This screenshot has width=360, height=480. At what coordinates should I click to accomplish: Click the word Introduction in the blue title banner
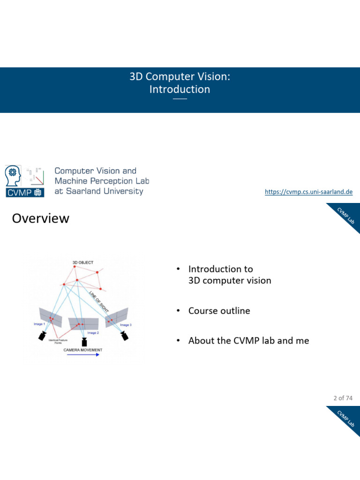pyautogui.click(x=180, y=89)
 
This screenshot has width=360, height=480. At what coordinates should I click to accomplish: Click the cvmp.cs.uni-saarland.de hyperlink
pyautogui.click(x=308, y=192)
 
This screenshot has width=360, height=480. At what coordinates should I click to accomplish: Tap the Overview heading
pyautogui.click(x=40, y=218)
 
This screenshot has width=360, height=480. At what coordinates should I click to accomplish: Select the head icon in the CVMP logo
pyautogui.click(x=13, y=176)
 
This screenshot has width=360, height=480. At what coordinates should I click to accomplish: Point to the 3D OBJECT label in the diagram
pyautogui.click(x=83, y=262)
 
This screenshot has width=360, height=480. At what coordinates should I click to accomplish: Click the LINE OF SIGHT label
pyautogui.click(x=99, y=300)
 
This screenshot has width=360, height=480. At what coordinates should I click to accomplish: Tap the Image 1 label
pyautogui.click(x=39, y=324)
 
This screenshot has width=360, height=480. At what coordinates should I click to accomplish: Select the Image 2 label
pyautogui.click(x=93, y=333)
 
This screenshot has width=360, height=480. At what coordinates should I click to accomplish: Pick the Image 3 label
pyautogui.click(x=126, y=325)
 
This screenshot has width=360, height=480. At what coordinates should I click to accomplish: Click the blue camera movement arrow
pyautogui.click(x=83, y=355)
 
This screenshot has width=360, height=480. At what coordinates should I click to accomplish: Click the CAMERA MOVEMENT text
pyautogui.click(x=83, y=350)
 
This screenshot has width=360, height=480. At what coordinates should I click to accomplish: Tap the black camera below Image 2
pyautogui.click(x=84, y=341)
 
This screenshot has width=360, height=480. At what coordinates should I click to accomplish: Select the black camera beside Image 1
pyautogui.click(x=43, y=335)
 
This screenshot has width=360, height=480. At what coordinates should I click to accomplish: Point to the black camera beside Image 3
pyautogui.click(x=124, y=335)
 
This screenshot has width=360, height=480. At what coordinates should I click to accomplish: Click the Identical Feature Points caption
pyautogui.click(x=58, y=342)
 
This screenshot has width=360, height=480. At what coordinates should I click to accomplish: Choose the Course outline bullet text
pyautogui.click(x=219, y=311)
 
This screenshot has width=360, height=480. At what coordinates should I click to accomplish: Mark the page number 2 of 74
pyautogui.click(x=343, y=398)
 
